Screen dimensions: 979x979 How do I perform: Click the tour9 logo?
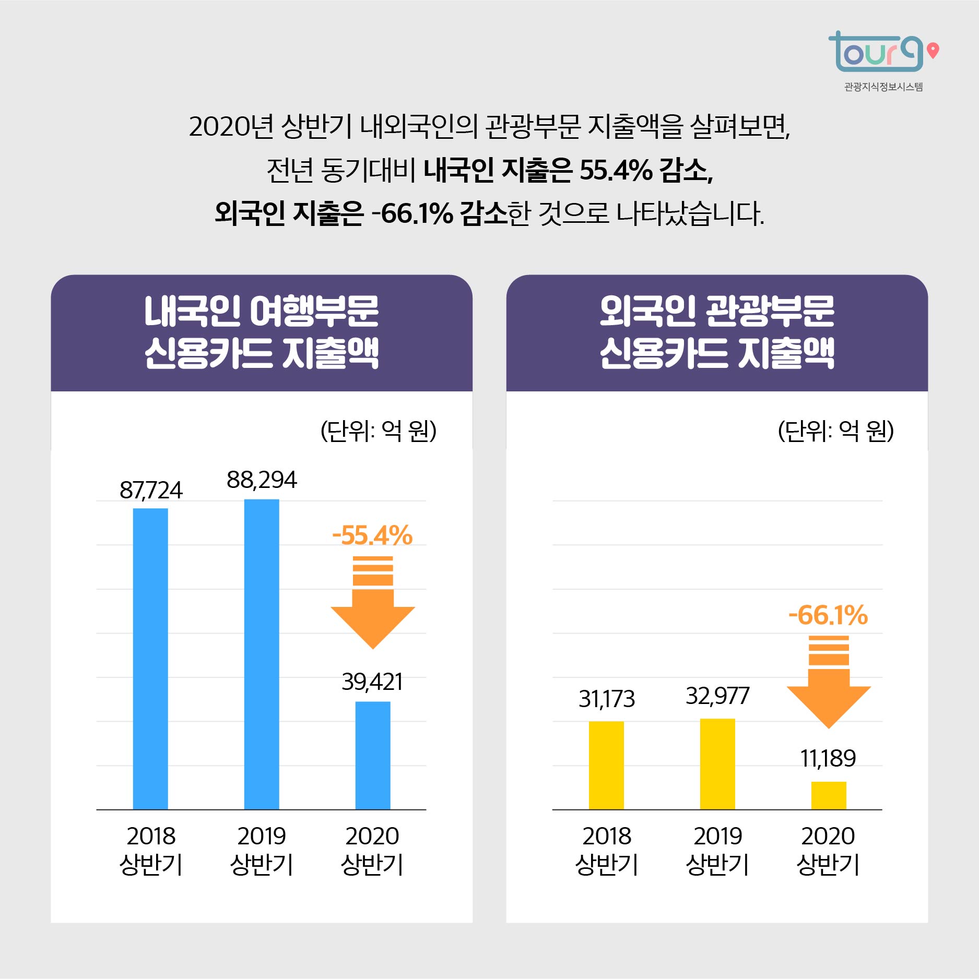[x=876, y=52]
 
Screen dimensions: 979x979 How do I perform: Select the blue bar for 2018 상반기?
[x=150, y=659]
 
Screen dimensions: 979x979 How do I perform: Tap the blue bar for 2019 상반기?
[x=262, y=654]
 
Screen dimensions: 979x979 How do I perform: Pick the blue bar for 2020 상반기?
[x=373, y=755]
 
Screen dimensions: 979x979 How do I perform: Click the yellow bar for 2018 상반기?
[x=606, y=765]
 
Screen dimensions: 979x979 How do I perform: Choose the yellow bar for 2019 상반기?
[x=717, y=763]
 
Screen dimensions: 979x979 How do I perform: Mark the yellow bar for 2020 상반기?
[x=829, y=795]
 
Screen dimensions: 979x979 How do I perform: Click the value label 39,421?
[x=372, y=682]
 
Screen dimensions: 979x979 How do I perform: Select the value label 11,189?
[x=828, y=759]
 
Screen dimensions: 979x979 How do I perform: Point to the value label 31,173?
[x=606, y=699]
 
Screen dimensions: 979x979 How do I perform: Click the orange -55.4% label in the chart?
[x=372, y=536]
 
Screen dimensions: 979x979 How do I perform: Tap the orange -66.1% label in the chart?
[x=828, y=615]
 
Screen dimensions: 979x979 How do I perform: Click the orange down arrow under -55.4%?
[x=373, y=605]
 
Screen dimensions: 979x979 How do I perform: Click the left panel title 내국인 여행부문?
[x=262, y=312]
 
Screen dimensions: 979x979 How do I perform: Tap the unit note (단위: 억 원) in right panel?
[x=835, y=431]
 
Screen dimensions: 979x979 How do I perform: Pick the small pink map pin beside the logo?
[x=933, y=50]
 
